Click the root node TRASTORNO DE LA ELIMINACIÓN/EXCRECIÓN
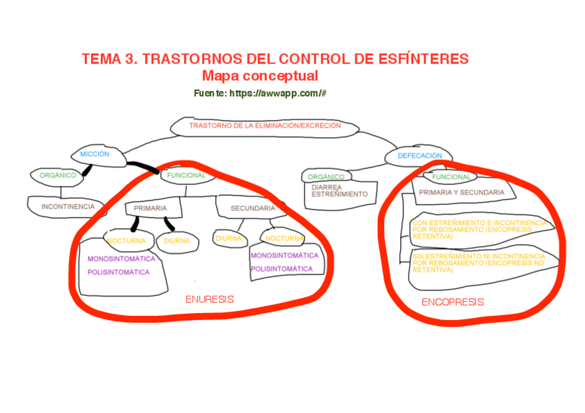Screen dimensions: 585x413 (264, 127)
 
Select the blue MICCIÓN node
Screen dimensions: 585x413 (95, 154)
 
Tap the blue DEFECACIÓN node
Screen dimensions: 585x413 (419, 156)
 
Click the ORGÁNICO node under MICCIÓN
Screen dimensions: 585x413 (57, 175)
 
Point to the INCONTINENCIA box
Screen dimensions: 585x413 (67, 206)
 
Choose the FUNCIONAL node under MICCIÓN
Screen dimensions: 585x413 (186, 175)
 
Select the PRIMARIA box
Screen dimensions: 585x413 (150, 208)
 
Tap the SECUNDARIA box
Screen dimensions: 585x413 (253, 208)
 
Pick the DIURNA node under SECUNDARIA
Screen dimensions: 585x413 (228, 239)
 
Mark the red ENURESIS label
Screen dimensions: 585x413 (210, 299)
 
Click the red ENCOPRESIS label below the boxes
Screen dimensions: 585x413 (453, 302)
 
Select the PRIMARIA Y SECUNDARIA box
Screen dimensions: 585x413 (462, 192)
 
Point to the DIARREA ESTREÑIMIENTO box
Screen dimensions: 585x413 (339, 191)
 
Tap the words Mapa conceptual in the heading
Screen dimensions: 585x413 (260, 76)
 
